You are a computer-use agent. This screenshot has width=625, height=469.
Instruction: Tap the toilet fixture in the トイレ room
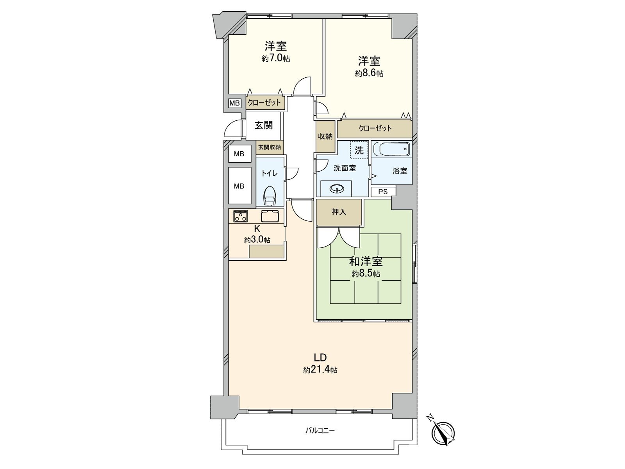pos(270,195)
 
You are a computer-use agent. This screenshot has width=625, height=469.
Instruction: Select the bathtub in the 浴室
pos(391,149)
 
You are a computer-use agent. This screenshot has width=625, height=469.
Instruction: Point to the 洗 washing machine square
pos(359,150)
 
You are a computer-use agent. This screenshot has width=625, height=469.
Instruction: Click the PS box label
pos(383,192)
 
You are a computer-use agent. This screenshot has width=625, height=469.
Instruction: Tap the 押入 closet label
pos(339,212)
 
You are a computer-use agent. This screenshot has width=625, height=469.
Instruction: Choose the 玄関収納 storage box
pos(269,147)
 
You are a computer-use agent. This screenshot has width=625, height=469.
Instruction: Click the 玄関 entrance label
pos(264,125)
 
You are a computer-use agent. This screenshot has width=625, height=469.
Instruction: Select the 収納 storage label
pos(325,136)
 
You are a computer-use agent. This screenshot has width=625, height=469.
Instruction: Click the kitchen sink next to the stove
pos(269,215)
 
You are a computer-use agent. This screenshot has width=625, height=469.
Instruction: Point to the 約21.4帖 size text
pos(320,370)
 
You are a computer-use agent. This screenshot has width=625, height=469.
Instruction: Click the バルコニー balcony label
pos(320,431)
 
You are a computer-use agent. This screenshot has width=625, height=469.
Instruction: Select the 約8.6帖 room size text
pos(369,73)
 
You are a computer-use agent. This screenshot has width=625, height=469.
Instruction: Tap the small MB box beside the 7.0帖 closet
pos(234,103)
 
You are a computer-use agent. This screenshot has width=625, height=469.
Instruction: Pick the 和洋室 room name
pos(366,261)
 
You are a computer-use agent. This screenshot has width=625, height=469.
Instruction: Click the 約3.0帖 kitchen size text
pos(257,240)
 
